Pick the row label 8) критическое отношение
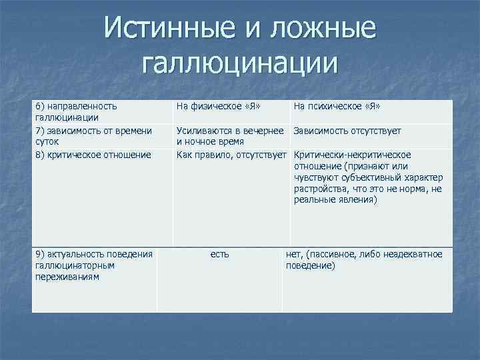(x=93, y=155)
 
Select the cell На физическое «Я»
(x=218, y=105)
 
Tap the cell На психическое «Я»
(x=337, y=105)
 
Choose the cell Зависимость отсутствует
(x=347, y=131)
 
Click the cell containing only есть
(x=219, y=253)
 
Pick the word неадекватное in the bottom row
(x=413, y=253)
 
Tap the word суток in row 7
(x=47, y=141)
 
